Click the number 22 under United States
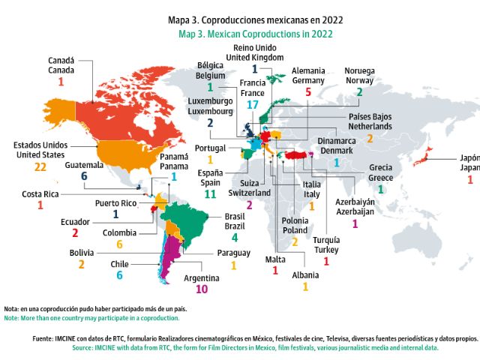[x=40, y=168]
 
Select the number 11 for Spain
[x=210, y=193]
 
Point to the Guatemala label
[x=84, y=164]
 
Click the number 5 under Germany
[x=307, y=91]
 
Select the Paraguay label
[x=233, y=253]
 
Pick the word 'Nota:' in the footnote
[x=11, y=309]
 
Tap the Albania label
[x=305, y=274]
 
